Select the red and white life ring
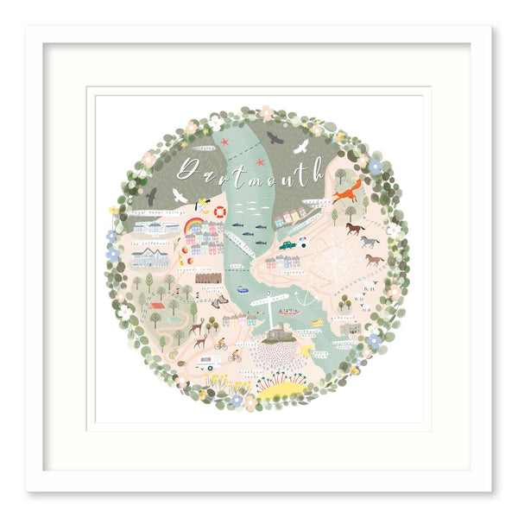[x=220, y=212]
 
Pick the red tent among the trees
[x=156, y=305]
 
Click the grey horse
[x=370, y=241]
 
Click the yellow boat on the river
[x=317, y=322]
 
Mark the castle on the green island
[x=277, y=333]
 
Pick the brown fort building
[x=208, y=279]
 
